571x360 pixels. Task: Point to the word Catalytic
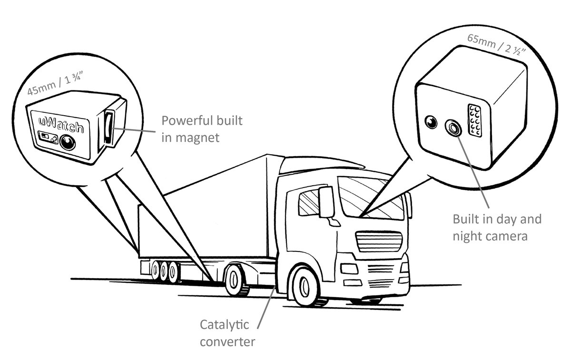224,325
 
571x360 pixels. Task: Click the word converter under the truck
227,342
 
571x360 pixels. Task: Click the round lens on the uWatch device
68,142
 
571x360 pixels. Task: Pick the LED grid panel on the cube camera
475,120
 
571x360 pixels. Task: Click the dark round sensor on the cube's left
431,122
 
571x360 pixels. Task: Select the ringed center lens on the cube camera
453,127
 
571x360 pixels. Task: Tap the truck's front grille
379,241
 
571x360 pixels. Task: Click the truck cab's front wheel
305,286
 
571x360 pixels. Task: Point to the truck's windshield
371,197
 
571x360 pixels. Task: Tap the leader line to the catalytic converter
266,307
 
